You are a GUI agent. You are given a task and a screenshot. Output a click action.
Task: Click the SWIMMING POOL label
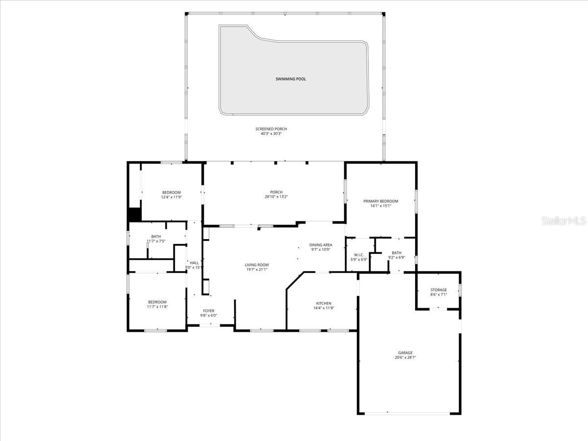[291, 79]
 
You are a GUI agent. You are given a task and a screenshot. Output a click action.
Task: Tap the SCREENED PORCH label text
[271, 129]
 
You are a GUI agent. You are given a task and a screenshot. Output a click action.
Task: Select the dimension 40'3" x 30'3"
[271, 134]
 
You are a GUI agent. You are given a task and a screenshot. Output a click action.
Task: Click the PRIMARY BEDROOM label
[381, 201]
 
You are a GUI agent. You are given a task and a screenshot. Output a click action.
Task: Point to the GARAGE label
[405, 353]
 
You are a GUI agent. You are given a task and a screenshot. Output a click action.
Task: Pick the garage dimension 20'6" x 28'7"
[405, 358]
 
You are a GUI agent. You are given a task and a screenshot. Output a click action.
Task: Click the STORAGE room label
[439, 290]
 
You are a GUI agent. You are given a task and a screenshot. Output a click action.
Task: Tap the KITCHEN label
[323, 303]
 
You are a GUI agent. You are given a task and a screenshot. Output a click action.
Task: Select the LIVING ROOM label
[257, 265]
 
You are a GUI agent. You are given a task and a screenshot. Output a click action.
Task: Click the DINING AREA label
[321, 245]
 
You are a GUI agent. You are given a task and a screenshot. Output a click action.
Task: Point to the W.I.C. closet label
[358, 255]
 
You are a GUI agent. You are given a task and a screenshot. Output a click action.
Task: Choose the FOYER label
[209, 311]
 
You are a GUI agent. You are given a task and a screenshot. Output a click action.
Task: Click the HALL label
[195, 263]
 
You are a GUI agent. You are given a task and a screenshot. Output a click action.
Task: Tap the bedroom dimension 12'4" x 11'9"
[171, 197]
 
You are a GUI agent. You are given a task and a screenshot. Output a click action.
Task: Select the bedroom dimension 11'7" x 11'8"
[157, 307]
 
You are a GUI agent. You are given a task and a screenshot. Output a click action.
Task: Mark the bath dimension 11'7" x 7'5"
[156, 241]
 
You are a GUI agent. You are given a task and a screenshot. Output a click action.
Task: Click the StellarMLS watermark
[563, 221]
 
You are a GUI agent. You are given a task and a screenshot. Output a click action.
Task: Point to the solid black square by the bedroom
[134, 214]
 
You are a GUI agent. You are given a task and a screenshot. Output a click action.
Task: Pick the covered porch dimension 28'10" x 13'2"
[276, 197]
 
